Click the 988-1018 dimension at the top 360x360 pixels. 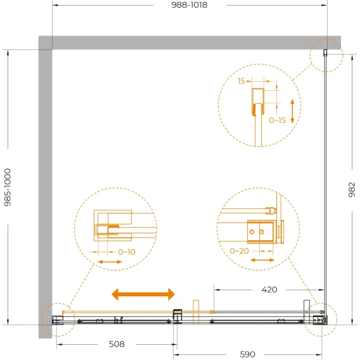coord(190,5)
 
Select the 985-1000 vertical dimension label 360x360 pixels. coord(8,188)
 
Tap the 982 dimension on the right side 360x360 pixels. coord(352,190)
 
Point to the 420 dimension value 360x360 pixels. coord(269,290)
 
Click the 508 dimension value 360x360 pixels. coord(117,344)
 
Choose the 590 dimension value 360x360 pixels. coord(247,354)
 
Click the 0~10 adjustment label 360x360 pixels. coord(127,252)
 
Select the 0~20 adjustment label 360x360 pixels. coord(239,251)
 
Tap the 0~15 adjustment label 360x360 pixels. coord(278,120)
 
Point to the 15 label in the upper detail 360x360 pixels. coord(241,81)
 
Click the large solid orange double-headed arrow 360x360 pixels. coord(143,294)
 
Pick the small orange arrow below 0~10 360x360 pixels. coord(110,262)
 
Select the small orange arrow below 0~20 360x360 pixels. coord(262,260)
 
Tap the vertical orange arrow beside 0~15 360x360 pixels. coord(292,111)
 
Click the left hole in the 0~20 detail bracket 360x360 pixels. coord(252,232)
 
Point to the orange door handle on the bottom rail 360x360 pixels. coord(196,312)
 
